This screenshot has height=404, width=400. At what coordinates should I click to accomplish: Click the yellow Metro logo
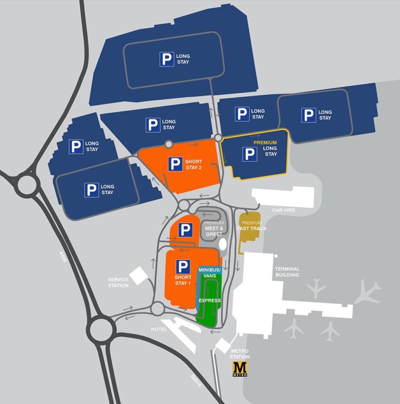pos(240,369)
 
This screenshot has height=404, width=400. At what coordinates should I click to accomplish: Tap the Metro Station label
pos(240,354)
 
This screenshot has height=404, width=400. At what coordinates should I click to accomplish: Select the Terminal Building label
pos(287,272)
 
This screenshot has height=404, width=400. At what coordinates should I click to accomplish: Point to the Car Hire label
pos(283,211)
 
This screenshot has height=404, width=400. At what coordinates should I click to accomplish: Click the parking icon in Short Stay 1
pos(182,267)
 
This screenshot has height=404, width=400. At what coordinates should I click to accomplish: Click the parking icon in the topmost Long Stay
pos(167,59)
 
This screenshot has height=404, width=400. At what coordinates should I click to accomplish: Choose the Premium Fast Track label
pos(252,226)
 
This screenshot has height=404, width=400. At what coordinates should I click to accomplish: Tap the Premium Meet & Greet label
pos(214,229)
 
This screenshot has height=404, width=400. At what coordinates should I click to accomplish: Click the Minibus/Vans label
pos(210,272)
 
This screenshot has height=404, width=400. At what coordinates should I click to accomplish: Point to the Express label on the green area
pos(210,301)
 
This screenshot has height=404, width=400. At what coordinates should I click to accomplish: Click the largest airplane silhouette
pos(368,293)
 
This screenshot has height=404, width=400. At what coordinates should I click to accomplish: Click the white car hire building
pos(284,198)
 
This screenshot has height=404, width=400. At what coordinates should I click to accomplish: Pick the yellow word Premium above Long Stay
pos(265,142)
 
